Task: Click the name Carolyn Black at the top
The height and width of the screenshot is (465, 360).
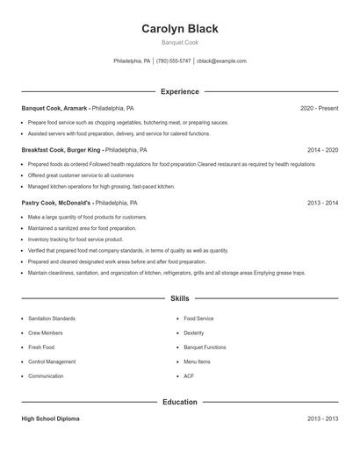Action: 180,28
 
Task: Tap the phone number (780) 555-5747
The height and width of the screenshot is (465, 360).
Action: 173,61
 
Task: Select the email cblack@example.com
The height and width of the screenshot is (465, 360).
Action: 221,61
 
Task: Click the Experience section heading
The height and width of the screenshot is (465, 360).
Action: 180,91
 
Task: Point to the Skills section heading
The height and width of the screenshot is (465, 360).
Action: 180,299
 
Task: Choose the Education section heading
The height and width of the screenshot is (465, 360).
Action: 180,402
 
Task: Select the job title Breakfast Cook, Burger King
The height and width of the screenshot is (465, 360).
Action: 61,150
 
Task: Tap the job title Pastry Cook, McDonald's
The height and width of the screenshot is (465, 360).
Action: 57,203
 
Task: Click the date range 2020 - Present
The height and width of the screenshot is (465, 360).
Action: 319,108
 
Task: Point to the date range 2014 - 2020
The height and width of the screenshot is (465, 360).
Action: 322,150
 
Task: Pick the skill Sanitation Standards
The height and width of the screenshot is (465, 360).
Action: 52,318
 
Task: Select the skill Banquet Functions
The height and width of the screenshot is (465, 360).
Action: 205,347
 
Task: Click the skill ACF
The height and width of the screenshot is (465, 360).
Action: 189,376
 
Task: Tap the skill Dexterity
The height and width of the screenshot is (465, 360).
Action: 194,333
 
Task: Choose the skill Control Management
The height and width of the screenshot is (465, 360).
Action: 52,361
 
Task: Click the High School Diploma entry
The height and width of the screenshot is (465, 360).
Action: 50,419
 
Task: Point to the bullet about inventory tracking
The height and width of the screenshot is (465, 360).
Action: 76,239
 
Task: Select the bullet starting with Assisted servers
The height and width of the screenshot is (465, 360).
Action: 119,134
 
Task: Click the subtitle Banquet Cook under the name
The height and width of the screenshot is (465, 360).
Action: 180,42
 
